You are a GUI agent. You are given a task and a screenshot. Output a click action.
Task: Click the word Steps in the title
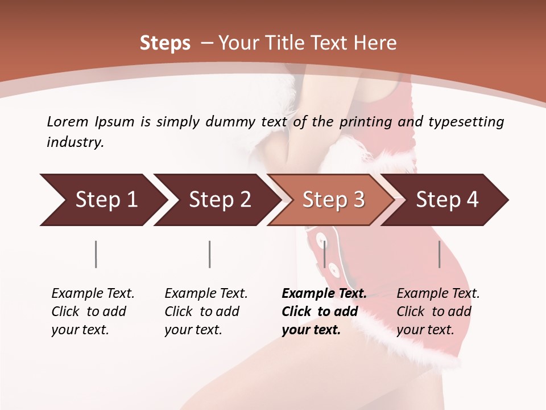(x=165, y=43)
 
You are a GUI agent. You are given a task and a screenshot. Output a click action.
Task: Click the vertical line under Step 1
(x=96, y=254)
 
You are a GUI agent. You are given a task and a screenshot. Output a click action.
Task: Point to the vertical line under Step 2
(x=210, y=254)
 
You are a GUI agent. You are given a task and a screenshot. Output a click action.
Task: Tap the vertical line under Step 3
(x=324, y=254)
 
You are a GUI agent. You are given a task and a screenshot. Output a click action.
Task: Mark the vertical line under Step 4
(x=439, y=254)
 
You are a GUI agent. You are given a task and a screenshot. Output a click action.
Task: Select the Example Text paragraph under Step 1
(x=93, y=311)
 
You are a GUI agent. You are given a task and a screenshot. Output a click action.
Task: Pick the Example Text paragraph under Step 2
(x=206, y=311)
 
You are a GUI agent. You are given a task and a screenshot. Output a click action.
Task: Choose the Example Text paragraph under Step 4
(x=438, y=311)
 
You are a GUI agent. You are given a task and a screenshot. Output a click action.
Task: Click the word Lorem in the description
(x=68, y=122)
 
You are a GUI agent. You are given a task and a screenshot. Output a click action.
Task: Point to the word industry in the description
(x=75, y=142)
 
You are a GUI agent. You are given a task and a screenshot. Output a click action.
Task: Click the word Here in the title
(x=375, y=43)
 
